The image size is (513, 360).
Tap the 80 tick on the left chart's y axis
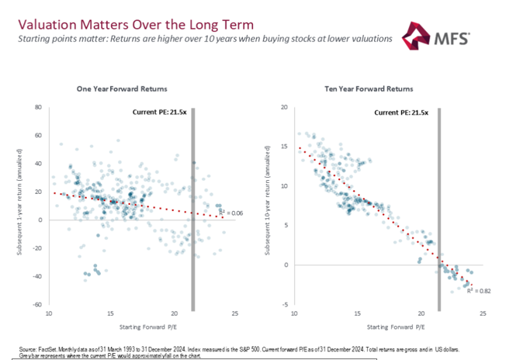pyautogui.click(x=37, y=107)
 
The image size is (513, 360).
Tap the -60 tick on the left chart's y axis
pyautogui.click(x=36, y=304)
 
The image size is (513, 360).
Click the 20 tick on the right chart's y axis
pyautogui.click(x=285, y=108)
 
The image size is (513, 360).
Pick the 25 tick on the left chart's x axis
pyautogui.click(x=235, y=313)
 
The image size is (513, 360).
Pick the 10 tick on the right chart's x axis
pyautogui.click(x=293, y=313)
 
